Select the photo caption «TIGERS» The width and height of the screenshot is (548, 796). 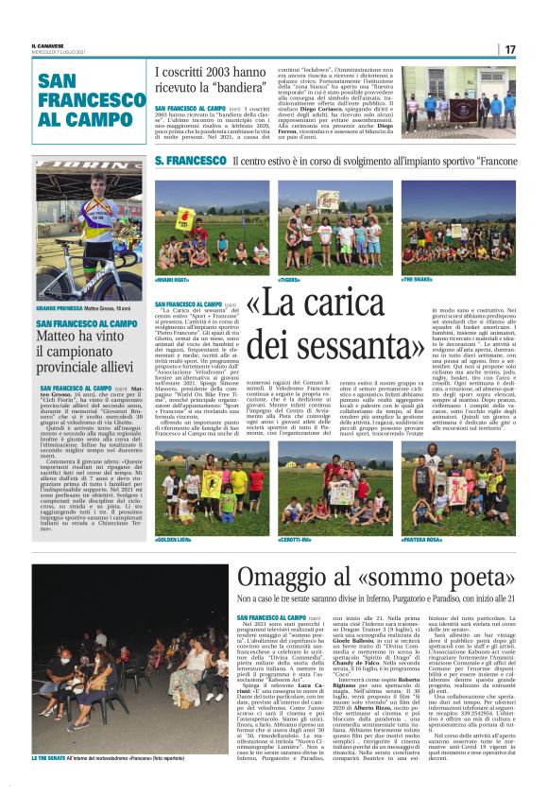(292, 280)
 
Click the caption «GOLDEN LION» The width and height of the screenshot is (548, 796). (177, 539)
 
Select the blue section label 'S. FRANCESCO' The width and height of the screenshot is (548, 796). (191, 162)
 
